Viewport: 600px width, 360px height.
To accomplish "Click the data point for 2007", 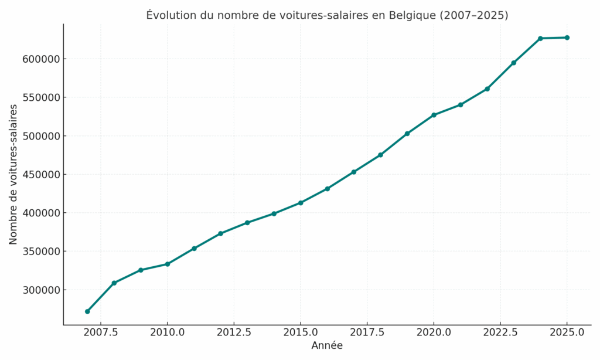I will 87,311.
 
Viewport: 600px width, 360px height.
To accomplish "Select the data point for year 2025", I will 567,38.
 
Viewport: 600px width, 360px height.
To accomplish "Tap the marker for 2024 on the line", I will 540,38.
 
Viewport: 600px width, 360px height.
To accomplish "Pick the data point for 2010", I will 167,264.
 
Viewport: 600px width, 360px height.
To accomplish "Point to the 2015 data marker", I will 301,203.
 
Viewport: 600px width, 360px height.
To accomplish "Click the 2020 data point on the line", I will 434,115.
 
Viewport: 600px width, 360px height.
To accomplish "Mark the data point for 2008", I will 114,283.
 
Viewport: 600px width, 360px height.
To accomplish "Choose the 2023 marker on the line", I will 513,63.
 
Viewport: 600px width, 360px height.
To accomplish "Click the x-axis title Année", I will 327,346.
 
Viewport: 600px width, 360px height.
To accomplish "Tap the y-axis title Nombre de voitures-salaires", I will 13,175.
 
